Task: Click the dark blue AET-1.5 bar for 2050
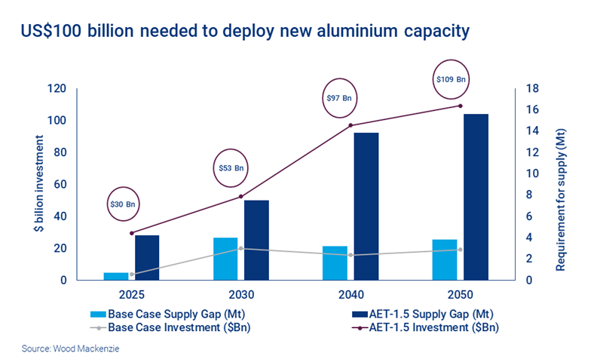[476, 197]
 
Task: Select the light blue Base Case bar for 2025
[115, 276]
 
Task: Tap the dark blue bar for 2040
[366, 206]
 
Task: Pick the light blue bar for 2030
[225, 259]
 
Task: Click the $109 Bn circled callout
[451, 78]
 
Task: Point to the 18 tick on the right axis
[531, 89]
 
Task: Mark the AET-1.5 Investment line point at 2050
[461, 106]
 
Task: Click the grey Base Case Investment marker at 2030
[240, 248]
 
